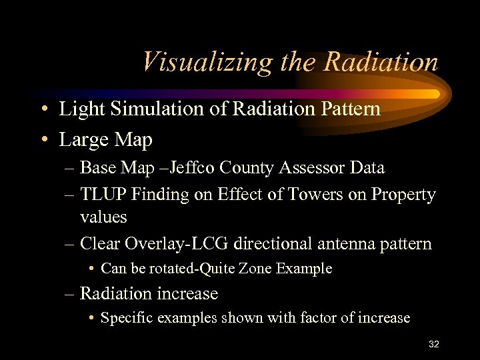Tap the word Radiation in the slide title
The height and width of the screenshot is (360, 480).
pyautogui.click(x=381, y=62)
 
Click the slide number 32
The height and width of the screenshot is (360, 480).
pyautogui.click(x=434, y=344)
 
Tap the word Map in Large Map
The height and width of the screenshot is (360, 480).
pyautogui.click(x=135, y=140)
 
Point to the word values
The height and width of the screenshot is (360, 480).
pyautogui.click(x=103, y=217)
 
